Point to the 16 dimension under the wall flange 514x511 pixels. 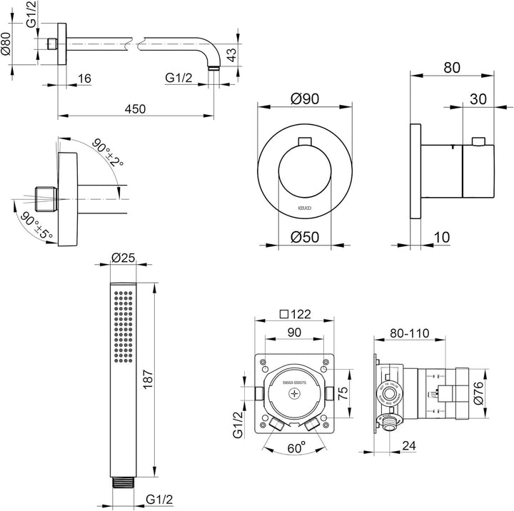click(84, 79)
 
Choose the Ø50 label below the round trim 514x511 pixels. click(305, 237)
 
